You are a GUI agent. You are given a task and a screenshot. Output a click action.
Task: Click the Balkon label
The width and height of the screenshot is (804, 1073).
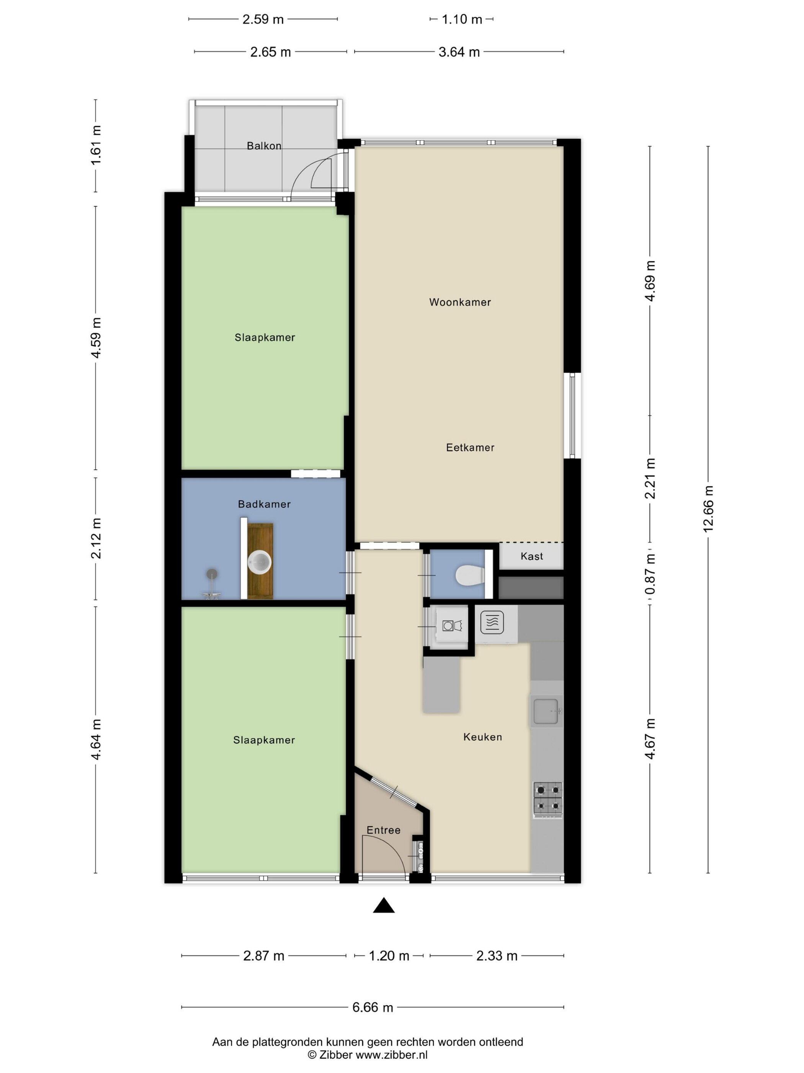pos(264,146)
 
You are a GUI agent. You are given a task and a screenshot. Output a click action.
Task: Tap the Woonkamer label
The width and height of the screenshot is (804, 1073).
pos(459,302)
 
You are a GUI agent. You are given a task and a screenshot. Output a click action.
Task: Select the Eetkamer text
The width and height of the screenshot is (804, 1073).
pos(470,447)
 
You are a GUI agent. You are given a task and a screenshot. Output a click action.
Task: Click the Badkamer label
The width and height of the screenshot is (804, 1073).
pos(264,504)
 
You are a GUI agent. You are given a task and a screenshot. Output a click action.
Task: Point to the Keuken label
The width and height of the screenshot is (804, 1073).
pos(482,737)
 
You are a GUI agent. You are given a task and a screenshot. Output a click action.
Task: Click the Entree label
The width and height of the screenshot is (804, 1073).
pos(383,830)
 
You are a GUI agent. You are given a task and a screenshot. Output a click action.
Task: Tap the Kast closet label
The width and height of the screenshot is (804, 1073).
pos(531,556)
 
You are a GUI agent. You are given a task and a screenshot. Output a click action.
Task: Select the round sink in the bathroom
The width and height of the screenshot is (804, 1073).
pos(260,562)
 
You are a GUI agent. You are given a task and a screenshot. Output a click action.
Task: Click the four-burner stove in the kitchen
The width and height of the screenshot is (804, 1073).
pos(547,797)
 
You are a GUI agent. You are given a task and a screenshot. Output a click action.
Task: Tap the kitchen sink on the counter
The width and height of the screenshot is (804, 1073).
pos(546,711)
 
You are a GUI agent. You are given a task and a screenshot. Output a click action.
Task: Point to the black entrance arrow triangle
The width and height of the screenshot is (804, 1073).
pos(383,906)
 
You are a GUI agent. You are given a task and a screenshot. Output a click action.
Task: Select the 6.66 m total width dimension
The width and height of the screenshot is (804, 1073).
pos(372,1007)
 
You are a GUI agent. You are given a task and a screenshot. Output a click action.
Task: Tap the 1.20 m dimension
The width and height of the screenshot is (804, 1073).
pos(389,956)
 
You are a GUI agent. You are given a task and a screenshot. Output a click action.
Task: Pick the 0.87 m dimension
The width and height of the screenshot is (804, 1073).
pos(650,574)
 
